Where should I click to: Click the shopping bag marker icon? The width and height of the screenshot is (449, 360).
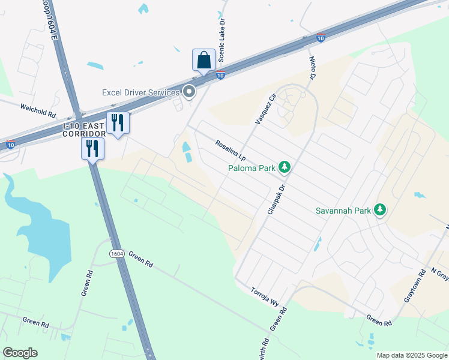pyautogui.click(x=204, y=60)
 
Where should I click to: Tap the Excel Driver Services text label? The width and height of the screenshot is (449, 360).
pyautogui.click(x=140, y=92)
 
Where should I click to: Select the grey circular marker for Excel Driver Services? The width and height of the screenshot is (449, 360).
pyautogui.click(x=189, y=92)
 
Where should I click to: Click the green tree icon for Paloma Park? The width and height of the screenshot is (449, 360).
pyautogui.click(x=286, y=167)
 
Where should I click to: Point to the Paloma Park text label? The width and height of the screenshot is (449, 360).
pyautogui.click(x=251, y=168)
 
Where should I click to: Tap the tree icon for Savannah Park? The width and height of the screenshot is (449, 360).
pyautogui.click(x=379, y=209)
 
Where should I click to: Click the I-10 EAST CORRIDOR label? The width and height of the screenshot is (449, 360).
pyautogui.click(x=84, y=129)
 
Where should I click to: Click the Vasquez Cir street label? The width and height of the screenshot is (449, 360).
pyautogui.click(x=265, y=108)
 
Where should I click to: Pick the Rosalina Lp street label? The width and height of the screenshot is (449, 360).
pyautogui.click(x=231, y=151)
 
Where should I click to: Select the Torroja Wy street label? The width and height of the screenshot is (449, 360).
pyautogui.click(x=265, y=295)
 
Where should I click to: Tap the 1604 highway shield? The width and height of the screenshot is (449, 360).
pyautogui.click(x=117, y=254)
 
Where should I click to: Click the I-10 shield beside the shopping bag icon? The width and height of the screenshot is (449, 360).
pyautogui.click(x=221, y=75)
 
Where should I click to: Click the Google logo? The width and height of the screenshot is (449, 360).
pyautogui.click(x=20, y=353)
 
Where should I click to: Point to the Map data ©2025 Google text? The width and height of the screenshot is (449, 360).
pyautogui.click(x=411, y=355)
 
